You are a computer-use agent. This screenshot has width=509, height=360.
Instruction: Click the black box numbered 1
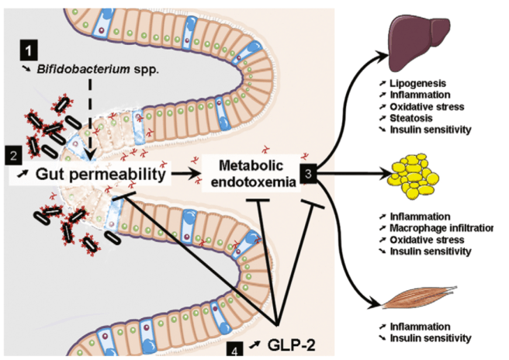(x=28, y=52)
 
